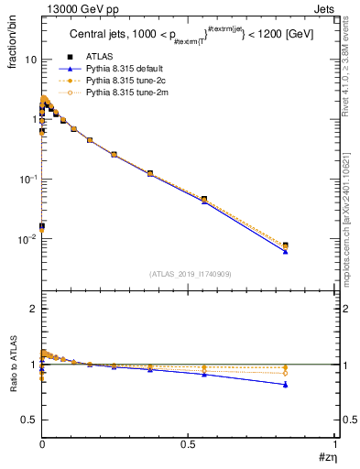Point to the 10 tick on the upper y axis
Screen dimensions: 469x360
(30, 60)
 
